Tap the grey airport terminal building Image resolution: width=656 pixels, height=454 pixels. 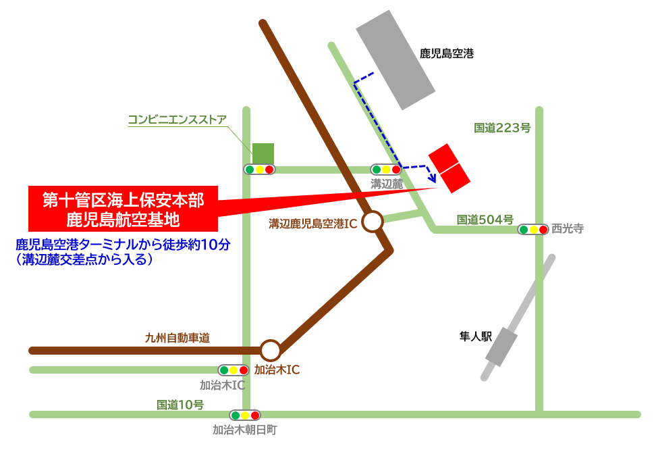[395, 59]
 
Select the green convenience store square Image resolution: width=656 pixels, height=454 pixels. [263, 153]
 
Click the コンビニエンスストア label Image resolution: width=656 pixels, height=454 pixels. [177, 120]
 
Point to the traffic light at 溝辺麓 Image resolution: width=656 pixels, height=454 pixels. [386, 170]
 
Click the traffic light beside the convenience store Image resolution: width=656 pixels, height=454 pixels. [260, 170]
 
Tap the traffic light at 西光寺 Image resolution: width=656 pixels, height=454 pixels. [533, 230]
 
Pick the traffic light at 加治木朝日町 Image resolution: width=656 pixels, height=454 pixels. [244, 415]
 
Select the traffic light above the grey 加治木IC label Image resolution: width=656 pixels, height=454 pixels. [234, 370]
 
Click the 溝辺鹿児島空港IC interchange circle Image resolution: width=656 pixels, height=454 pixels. [373, 221]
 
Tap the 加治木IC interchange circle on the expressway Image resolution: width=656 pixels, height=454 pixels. [271, 350]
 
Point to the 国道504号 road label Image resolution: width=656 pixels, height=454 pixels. [485, 219]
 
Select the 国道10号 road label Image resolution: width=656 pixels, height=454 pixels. [180, 405]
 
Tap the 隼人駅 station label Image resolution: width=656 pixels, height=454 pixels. [476, 335]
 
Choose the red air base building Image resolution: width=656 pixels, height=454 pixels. [449, 167]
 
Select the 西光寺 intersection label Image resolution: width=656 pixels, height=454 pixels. [567, 229]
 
